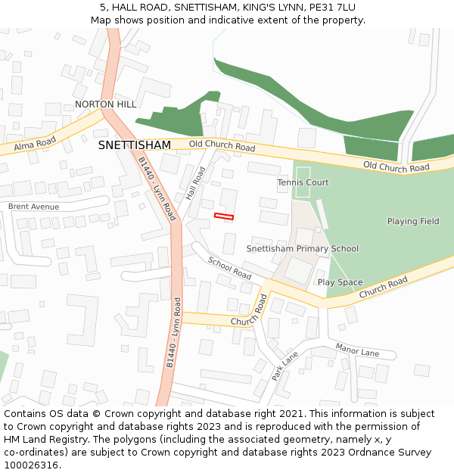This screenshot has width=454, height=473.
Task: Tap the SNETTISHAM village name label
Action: pos(135,145)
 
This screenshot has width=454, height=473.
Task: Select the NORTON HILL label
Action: pos(106,104)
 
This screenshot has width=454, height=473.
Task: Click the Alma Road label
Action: pos(35,142)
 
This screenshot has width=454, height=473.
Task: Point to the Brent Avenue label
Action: pos(33,207)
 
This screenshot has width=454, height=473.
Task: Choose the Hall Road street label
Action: pos(196,183)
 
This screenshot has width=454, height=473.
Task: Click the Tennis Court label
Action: pos(303,183)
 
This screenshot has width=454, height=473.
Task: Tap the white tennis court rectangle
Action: pos(303,182)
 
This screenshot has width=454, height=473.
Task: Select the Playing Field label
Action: pos(413,221)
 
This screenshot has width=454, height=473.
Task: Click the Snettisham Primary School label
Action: pos(303,249)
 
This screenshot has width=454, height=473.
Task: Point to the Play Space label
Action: pos(340,282)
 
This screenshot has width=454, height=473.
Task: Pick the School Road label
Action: pos(229,267)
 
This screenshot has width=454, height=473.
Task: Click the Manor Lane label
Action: pos(358,352)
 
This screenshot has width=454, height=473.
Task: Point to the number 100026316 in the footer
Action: pos(31,465)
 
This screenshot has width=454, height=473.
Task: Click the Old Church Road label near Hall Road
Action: pos(222,146)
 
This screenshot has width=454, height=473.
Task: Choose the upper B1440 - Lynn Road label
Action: pos(157,189)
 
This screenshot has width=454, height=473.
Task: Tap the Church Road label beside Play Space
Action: pos(383,286)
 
